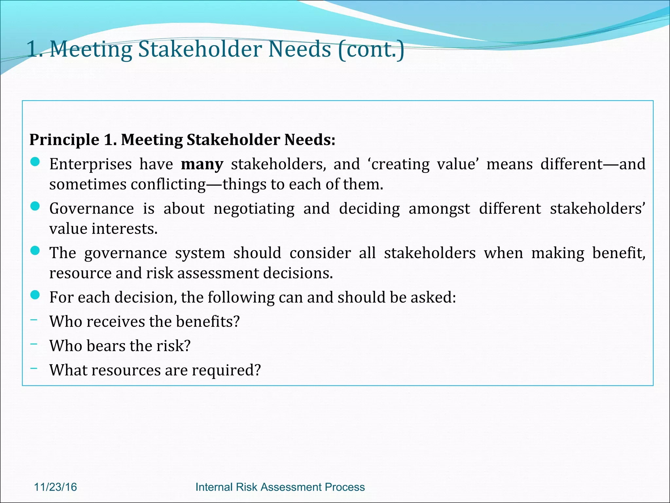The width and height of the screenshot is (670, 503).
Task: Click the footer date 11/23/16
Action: (x=55, y=487)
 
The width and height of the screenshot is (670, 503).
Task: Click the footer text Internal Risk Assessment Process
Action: (x=280, y=487)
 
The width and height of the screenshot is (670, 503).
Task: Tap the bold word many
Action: (x=202, y=164)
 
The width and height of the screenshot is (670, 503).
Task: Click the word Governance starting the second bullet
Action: (x=92, y=209)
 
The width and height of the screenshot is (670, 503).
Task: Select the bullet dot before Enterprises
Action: (x=35, y=162)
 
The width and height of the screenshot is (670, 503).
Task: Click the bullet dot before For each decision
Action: (x=35, y=295)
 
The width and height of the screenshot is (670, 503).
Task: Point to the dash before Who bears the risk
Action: (x=33, y=344)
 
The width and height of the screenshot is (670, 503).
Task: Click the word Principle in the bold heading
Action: (x=64, y=140)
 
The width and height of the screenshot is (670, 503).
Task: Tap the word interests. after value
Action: (x=125, y=229)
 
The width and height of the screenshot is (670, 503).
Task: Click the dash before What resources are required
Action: (x=33, y=368)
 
